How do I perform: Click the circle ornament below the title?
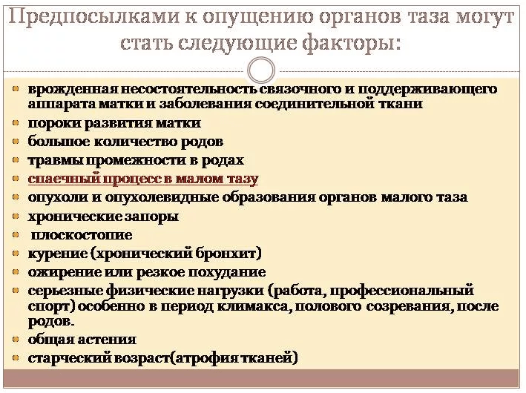(261, 70)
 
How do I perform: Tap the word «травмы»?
(56, 160)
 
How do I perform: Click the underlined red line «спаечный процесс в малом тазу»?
(143, 179)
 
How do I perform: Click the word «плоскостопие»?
(82, 235)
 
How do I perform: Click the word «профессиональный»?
(402, 291)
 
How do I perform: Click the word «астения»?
(107, 340)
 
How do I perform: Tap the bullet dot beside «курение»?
(15, 253)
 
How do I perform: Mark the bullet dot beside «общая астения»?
(15, 340)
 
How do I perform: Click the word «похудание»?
(227, 272)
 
